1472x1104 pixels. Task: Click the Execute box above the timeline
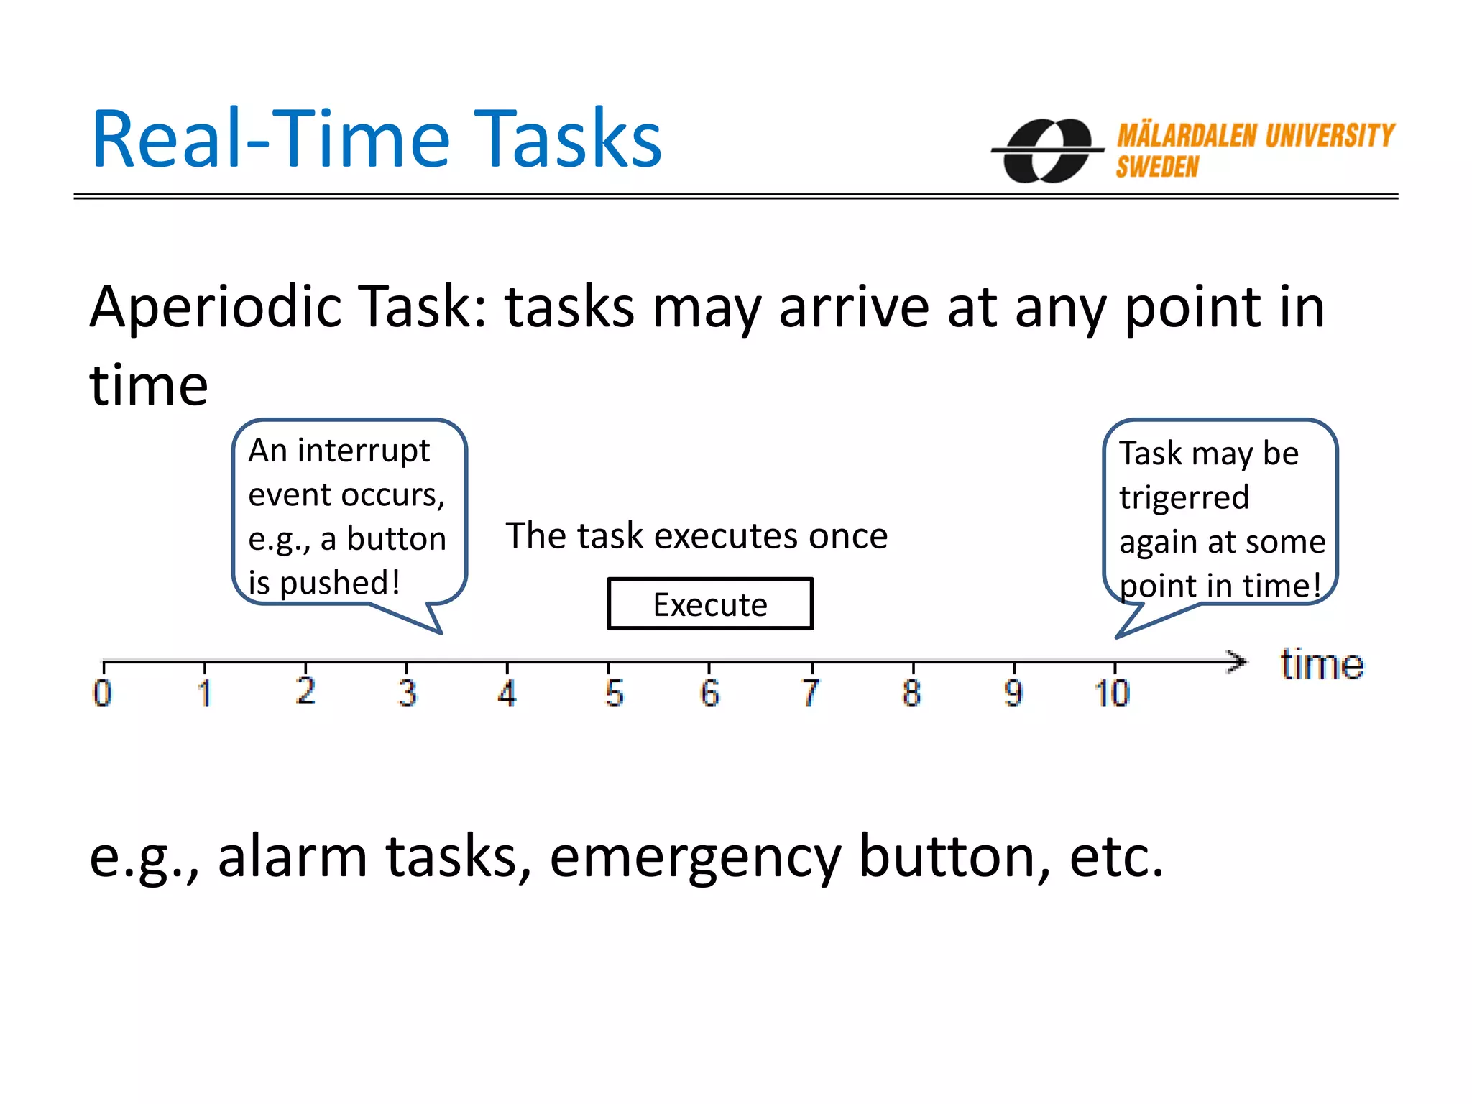click(710, 604)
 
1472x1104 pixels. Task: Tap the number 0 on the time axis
click(102, 693)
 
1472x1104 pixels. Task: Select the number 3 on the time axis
click(408, 693)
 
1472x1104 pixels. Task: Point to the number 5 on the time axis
click(614, 693)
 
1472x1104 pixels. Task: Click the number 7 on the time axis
click(811, 693)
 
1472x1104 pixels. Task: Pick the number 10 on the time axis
click(1113, 693)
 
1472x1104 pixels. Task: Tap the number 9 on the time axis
click(1013, 693)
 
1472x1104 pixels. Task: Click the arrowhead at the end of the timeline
click(1238, 661)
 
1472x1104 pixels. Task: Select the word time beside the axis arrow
click(1321, 664)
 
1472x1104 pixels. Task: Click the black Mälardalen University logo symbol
click(1048, 151)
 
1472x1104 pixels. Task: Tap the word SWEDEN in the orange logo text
click(1157, 167)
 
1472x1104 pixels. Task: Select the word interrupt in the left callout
click(363, 451)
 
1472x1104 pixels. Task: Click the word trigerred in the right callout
click(1184, 497)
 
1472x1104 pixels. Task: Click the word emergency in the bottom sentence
click(695, 857)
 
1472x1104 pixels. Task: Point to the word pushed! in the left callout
click(339, 583)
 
